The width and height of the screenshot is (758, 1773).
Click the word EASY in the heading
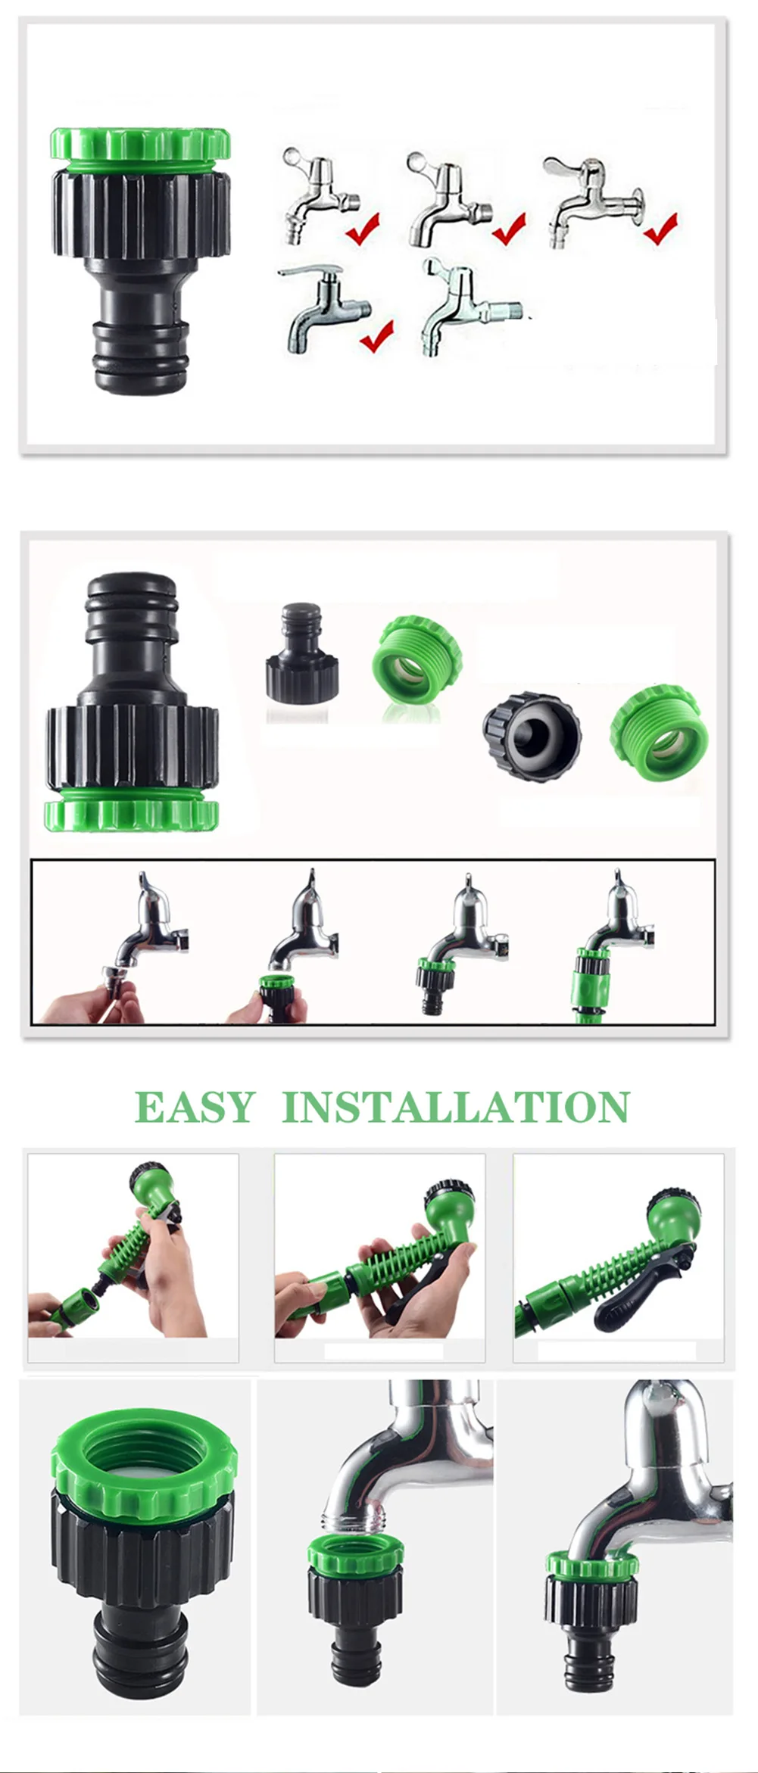pyautogui.click(x=195, y=1107)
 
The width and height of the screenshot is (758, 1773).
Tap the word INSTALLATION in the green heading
pyautogui.click(x=456, y=1107)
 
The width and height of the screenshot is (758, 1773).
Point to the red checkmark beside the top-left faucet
pyautogui.click(x=363, y=228)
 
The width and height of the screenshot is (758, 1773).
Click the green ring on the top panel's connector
pyautogui.click(x=140, y=145)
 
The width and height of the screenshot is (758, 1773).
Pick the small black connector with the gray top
pyautogui.click(x=301, y=651)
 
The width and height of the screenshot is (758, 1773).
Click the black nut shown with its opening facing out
pyautogui.click(x=532, y=737)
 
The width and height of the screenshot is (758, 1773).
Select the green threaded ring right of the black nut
pyautogui.click(x=660, y=733)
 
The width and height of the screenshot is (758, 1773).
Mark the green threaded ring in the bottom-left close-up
pyautogui.click(x=144, y=1454)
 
